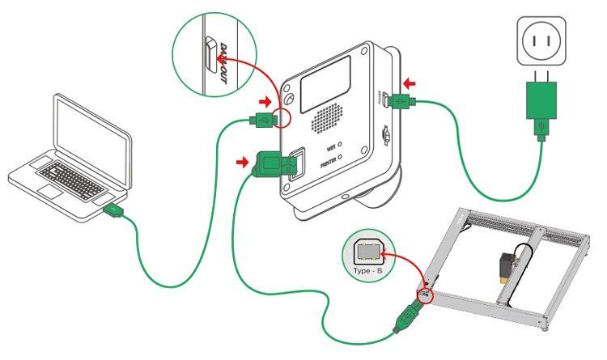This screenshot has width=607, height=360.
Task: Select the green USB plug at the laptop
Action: (x=114, y=211)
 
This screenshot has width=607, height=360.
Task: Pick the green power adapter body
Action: (x=540, y=103)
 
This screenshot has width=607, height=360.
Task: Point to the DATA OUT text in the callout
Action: (x=223, y=59)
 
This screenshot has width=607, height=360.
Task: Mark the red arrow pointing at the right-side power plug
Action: (x=412, y=83)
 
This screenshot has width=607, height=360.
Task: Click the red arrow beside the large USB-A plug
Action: (x=240, y=163)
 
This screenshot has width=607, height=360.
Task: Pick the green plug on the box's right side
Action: (x=398, y=101)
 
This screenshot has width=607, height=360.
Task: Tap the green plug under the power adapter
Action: (x=540, y=129)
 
